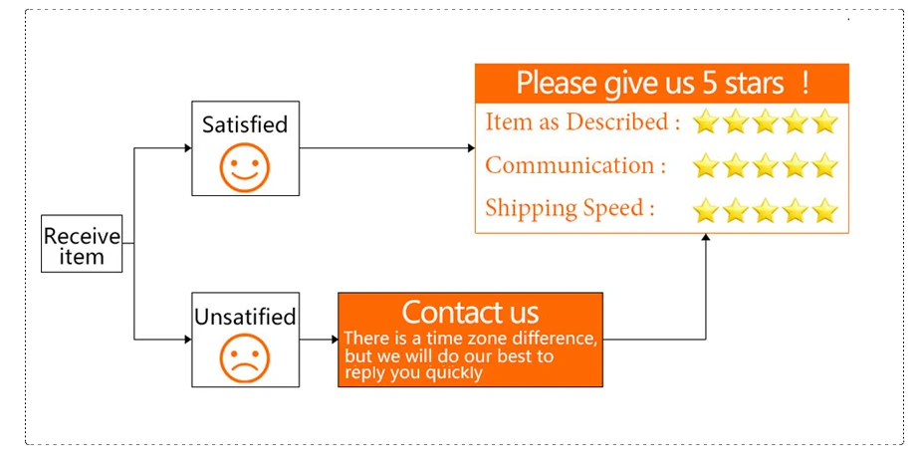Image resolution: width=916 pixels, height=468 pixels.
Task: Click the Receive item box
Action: (x=82, y=245)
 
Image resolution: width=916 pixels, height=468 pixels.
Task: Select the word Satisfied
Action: (x=244, y=124)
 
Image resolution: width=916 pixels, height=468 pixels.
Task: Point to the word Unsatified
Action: (x=245, y=317)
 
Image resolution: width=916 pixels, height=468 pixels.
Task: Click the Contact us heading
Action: (x=470, y=312)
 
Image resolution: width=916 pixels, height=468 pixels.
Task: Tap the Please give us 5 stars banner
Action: (x=661, y=83)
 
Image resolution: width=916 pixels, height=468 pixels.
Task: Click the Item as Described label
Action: (x=582, y=122)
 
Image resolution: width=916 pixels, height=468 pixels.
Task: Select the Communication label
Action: (x=575, y=165)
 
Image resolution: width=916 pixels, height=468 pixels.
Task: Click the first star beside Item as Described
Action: (x=706, y=122)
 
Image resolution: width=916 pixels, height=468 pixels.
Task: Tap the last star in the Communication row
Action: (x=825, y=165)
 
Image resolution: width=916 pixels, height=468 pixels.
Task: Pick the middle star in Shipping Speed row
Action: (x=766, y=210)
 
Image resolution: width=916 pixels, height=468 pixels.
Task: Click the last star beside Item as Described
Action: (x=825, y=122)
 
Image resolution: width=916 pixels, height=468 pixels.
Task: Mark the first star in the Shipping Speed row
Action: (x=706, y=210)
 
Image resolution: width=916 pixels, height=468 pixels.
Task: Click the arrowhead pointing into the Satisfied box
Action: (x=187, y=148)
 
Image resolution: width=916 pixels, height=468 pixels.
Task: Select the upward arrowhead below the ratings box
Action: (x=706, y=238)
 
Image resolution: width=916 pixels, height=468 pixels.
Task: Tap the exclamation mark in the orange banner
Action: (x=804, y=83)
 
